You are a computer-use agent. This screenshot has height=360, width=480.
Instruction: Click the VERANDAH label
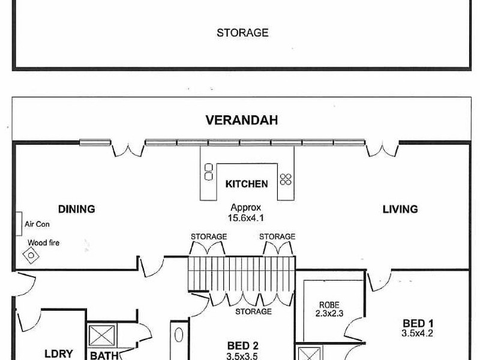(x=242, y=120)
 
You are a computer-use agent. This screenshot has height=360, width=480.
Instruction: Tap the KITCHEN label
(x=247, y=184)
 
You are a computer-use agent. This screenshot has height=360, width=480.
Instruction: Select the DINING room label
(x=77, y=209)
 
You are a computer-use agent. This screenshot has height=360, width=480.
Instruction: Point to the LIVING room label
(x=400, y=209)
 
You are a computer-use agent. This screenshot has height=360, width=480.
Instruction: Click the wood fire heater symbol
(x=31, y=256)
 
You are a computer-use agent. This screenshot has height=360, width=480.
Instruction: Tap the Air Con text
(x=37, y=224)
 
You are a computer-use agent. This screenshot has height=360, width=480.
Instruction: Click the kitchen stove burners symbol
(x=286, y=179)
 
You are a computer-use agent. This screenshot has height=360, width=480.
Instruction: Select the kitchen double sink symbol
(x=208, y=172)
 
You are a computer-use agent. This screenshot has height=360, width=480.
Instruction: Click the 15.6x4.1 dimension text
(x=245, y=218)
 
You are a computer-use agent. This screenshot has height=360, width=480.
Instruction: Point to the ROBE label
(x=329, y=305)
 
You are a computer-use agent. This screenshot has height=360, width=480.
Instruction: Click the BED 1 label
(x=418, y=323)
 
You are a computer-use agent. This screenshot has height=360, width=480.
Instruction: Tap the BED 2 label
(x=243, y=346)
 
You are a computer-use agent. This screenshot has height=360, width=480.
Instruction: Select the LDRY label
(x=58, y=354)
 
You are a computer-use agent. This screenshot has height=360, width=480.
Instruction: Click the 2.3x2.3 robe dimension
(x=329, y=313)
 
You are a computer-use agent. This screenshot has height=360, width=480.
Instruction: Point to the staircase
(x=241, y=274)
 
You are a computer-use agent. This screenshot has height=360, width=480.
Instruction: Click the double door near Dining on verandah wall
(x=128, y=149)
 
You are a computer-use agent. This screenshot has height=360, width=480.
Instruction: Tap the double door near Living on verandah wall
(x=382, y=149)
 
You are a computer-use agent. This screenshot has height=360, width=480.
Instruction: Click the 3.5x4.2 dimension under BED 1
(x=418, y=333)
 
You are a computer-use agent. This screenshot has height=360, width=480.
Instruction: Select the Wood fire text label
(x=43, y=243)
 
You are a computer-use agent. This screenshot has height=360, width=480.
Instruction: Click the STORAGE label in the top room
(x=242, y=33)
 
